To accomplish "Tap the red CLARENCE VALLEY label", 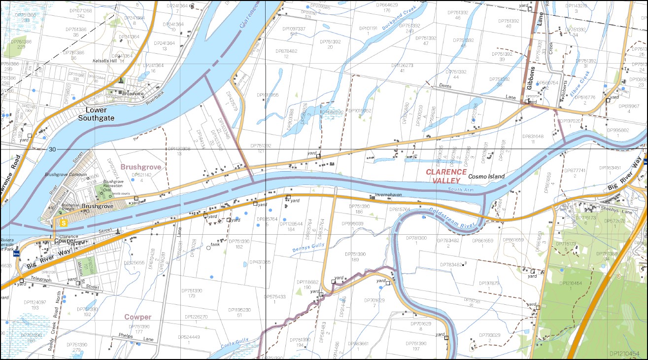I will [x=446, y=176].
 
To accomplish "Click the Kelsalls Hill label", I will [x=104, y=61].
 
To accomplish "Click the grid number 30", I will [x=52, y=149].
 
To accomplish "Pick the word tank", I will [x=215, y=244].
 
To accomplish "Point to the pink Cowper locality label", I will [x=137, y=317].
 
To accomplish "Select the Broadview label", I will [x=133, y=93].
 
